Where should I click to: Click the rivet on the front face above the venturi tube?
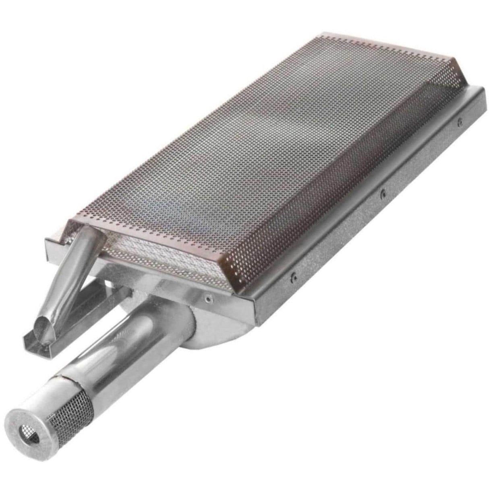click(208, 298)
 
